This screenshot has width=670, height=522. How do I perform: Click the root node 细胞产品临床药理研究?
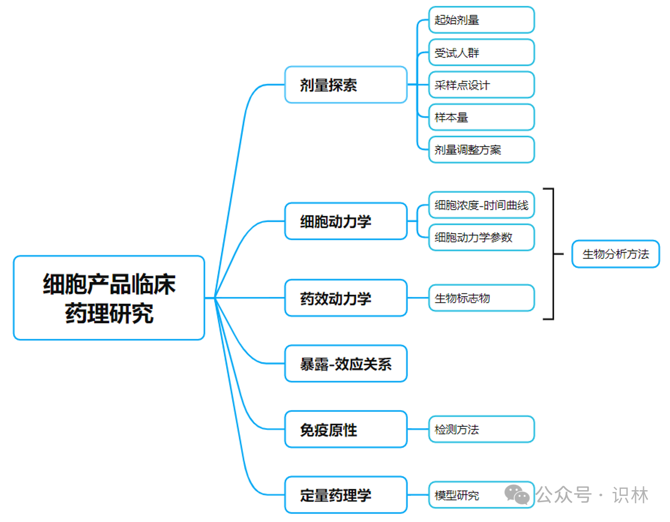coord(109,298)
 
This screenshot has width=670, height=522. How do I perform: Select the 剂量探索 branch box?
coord(346,85)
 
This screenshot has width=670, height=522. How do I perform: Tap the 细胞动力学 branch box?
coord(346,221)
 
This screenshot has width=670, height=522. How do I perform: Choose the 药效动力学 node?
coord(346,298)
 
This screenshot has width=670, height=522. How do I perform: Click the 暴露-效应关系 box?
coord(346,364)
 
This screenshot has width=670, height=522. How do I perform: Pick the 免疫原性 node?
coord(346,429)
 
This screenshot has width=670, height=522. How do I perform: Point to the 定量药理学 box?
coord(346,495)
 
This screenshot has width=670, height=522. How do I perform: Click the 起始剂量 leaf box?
coord(481,20)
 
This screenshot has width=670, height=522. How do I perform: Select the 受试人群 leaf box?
coord(481,53)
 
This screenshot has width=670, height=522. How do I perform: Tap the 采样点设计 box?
coord(481,85)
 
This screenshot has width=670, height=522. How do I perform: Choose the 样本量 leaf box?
coord(481,117)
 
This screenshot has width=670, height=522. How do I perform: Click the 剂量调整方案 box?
coord(481,150)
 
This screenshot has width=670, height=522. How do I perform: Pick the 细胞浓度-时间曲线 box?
coord(481,205)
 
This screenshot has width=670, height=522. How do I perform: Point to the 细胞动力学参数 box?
coord(481,238)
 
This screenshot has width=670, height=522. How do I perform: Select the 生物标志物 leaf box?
coord(481,298)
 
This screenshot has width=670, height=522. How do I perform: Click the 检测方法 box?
coord(481,429)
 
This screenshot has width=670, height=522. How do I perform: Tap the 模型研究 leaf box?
coord(465,495)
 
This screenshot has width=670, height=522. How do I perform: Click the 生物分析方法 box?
coord(616,254)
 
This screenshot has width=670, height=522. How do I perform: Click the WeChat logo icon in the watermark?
coord(517,495)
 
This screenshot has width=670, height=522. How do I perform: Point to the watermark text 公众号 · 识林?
coord(592,495)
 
